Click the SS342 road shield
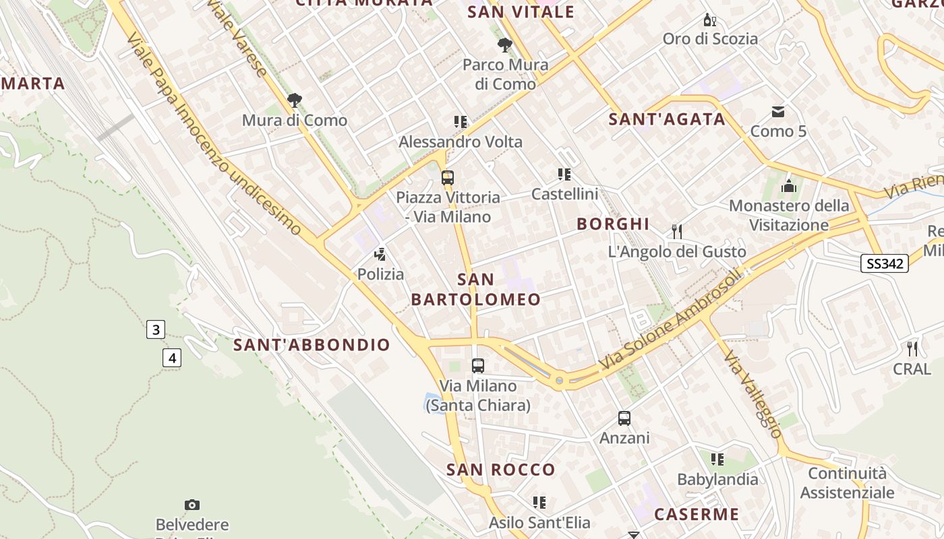pyautogui.click(x=885, y=263)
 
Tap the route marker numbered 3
pyautogui.click(x=156, y=329)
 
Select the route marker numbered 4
pyautogui.click(x=172, y=358)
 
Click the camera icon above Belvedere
pyautogui.click(x=192, y=505)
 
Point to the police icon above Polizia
pyautogui.click(x=380, y=255)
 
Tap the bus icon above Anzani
pyautogui.click(x=624, y=418)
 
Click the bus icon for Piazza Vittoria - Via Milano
pyautogui.click(x=448, y=178)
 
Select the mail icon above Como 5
pyautogui.click(x=778, y=111)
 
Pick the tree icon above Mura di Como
pyautogui.click(x=294, y=101)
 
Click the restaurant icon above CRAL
pyautogui.click(x=912, y=349)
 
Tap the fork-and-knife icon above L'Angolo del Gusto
pyautogui.click(x=677, y=232)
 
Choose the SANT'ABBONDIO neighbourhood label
pyautogui.click(x=312, y=345)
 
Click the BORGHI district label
pyautogui.click(x=613, y=224)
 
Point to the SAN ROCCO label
pyautogui.click(x=501, y=470)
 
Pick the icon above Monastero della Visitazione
pyautogui.click(x=789, y=186)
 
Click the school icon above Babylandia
pyautogui.click(x=717, y=459)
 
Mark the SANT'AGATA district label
pyautogui.click(x=667, y=119)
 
